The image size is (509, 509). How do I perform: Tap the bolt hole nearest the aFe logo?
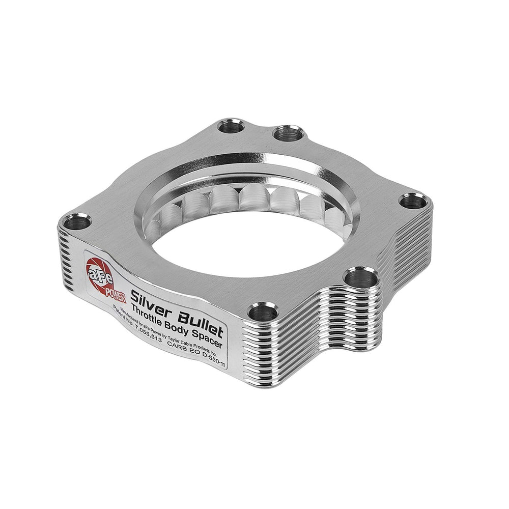[71, 222]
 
